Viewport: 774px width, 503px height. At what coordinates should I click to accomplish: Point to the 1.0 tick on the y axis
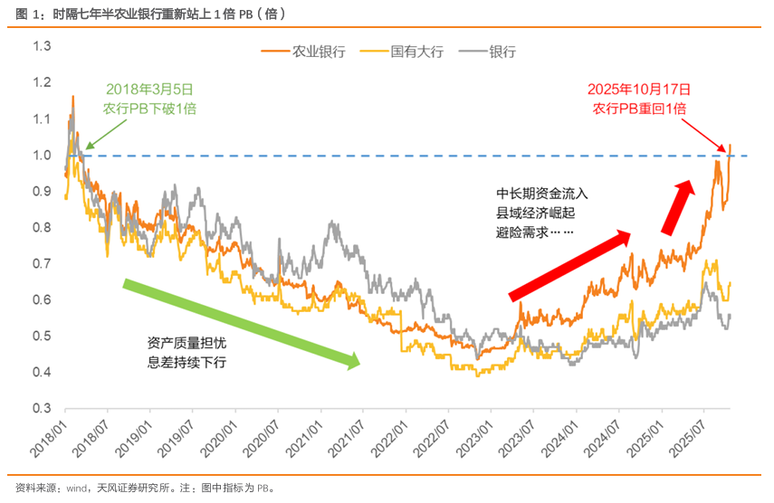tap(42, 156)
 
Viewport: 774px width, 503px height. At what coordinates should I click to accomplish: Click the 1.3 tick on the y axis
tap(42, 47)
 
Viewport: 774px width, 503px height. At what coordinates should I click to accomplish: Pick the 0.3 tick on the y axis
tap(42, 409)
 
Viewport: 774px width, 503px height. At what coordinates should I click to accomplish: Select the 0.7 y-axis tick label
tap(42, 264)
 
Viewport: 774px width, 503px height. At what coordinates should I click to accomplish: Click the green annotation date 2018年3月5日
tap(149, 90)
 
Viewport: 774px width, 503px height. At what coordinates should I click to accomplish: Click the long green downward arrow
tap(242, 323)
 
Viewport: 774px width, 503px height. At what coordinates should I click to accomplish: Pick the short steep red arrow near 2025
tap(677, 204)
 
